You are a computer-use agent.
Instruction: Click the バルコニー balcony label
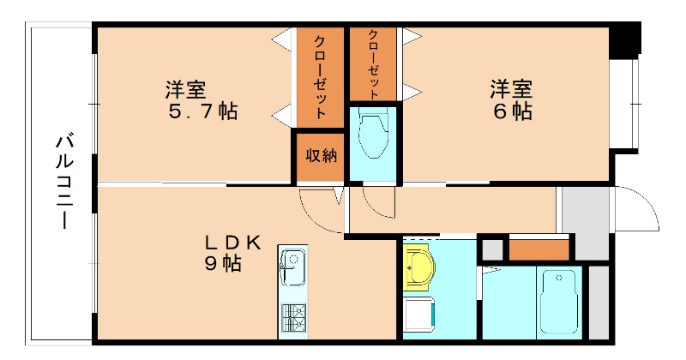(x=63, y=181)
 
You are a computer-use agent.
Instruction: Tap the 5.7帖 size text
(x=202, y=111)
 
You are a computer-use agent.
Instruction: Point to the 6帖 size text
(x=511, y=111)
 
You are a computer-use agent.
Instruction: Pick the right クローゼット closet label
(x=375, y=63)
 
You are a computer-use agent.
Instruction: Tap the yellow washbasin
(x=420, y=267)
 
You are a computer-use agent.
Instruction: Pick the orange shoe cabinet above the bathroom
(x=539, y=249)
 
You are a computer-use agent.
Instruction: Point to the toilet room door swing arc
(x=377, y=204)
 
